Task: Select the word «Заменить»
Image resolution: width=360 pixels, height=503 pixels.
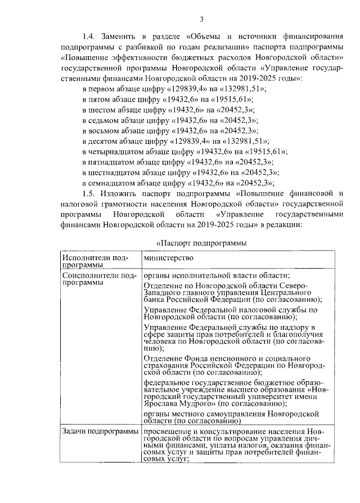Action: (x=123, y=37)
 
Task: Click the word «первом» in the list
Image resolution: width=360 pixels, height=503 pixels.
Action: (x=102, y=89)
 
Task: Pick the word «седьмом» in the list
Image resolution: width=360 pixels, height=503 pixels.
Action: (x=105, y=120)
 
